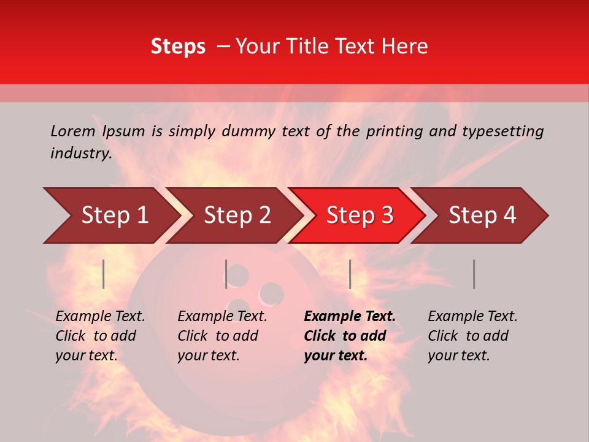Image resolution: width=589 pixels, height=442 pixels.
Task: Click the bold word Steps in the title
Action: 178,46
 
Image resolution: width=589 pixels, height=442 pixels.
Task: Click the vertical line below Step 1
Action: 104,274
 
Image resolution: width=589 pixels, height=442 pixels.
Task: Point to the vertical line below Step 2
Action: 226,274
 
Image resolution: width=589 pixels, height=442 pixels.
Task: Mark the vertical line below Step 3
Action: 350,274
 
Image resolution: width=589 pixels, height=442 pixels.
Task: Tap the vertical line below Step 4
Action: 474,274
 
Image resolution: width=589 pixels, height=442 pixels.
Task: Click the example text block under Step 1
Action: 100,336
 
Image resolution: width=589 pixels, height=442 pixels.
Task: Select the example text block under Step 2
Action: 222,336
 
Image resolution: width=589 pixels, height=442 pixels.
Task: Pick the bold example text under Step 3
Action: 350,336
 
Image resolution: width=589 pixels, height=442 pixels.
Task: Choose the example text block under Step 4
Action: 472,336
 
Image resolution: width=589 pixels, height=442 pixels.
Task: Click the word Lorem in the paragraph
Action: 73,131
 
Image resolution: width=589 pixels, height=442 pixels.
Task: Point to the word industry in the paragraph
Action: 81,153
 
